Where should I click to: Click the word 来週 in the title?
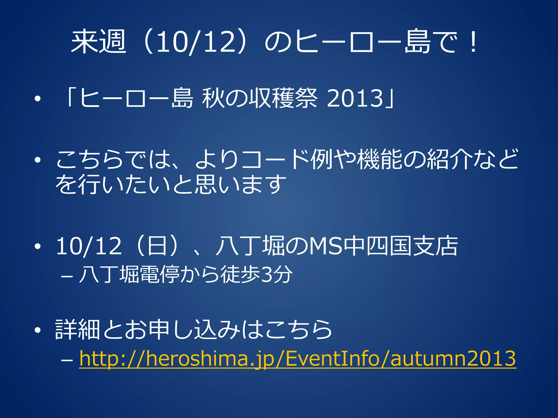pos(99,42)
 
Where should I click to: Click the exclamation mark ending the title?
pos(474,42)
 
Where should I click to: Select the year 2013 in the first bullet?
pos(355,98)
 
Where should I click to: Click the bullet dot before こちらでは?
pos(38,160)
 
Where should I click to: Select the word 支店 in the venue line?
pos(435,246)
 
